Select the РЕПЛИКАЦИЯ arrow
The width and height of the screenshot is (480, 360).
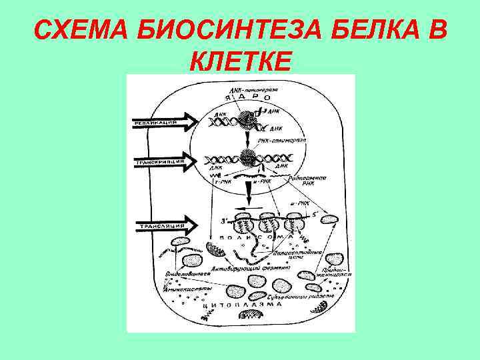pos(160,121)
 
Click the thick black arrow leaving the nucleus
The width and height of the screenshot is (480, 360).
pos(248,194)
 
